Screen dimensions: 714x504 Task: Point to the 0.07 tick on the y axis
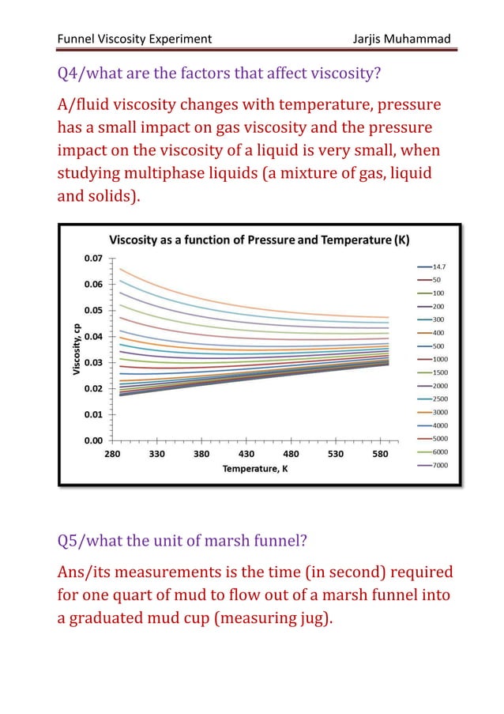[95, 258]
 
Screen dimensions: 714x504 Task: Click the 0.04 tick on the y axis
[95, 336]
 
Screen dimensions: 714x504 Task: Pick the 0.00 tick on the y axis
[95, 440]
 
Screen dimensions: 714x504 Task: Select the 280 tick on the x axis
[112, 455]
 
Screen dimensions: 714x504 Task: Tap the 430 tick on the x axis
[246, 455]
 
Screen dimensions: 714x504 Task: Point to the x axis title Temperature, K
[249, 469]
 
